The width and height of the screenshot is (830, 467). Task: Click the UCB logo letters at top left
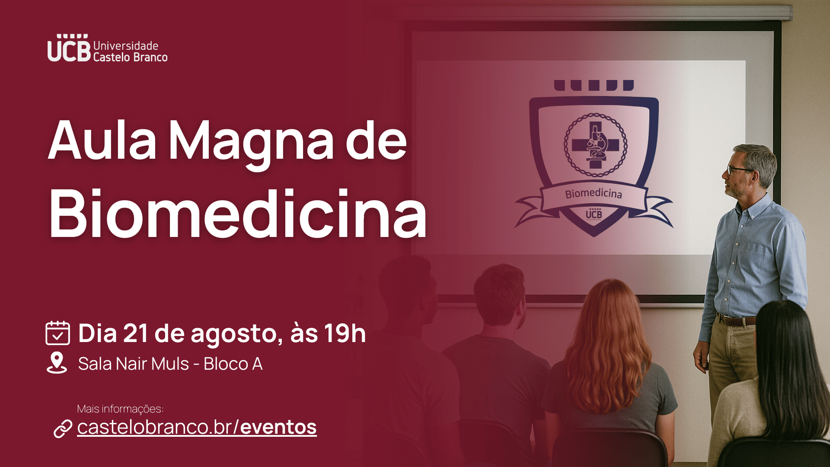click(x=69, y=48)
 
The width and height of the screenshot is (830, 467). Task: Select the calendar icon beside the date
click(x=57, y=333)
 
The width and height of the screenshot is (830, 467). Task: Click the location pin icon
click(x=57, y=363)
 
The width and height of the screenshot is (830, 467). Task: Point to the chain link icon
click(x=63, y=429)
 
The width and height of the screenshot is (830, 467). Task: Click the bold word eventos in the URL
click(x=278, y=427)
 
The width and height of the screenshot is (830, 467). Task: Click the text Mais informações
click(x=120, y=409)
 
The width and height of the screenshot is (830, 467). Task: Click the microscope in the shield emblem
click(x=597, y=143)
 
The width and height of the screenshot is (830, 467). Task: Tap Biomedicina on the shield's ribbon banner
click(x=594, y=193)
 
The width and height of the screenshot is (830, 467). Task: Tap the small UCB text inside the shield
click(x=594, y=213)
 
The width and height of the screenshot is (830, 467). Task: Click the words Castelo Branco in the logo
click(x=130, y=57)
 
